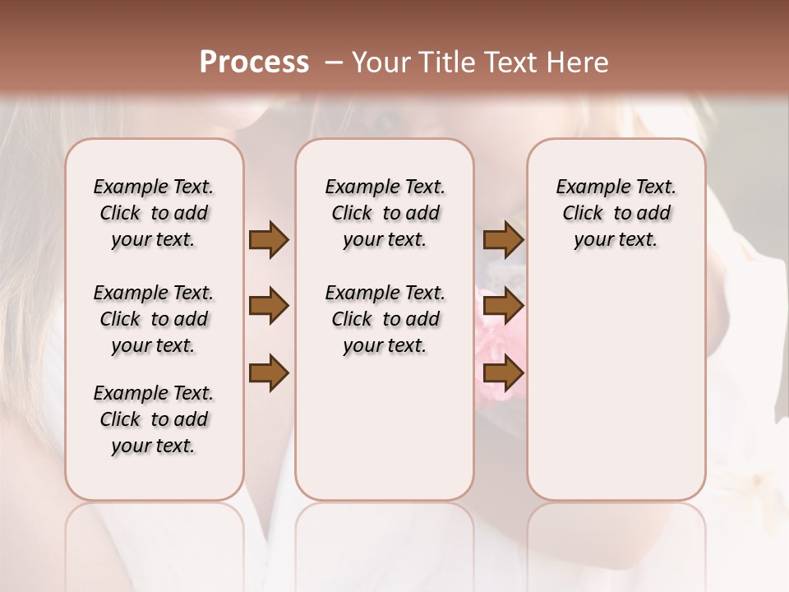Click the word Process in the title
point(254,62)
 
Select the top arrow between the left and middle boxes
point(269,239)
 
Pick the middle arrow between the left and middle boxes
point(269,307)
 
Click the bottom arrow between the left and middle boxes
point(269,373)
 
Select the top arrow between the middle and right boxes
point(503,239)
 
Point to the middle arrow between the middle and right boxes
point(503,307)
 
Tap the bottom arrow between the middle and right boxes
point(503,373)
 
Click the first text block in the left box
point(154,213)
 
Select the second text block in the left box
point(154,319)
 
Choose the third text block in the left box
point(154,419)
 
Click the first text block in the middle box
point(385,213)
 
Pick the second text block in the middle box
point(385,319)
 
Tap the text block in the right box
point(616,213)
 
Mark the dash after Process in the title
point(334,62)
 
